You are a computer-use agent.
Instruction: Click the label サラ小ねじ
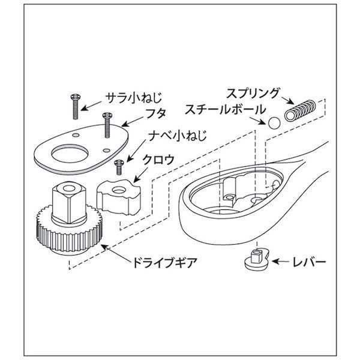pyautogui.click(x=134, y=98)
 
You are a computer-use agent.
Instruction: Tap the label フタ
pyautogui.click(x=156, y=113)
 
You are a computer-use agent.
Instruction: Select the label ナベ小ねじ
pyautogui.click(x=178, y=135)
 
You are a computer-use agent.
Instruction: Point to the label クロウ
pyautogui.click(x=158, y=160)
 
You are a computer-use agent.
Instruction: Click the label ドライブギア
pyautogui.click(x=165, y=263)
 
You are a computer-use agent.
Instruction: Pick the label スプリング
pyautogui.click(x=253, y=93)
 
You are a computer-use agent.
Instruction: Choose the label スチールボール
pyautogui.click(x=225, y=109)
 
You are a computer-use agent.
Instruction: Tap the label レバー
pyautogui.click(x=309, y=262)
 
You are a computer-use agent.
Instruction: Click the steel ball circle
pyautogui.click(x=274, y=123)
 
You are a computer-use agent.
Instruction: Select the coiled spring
pyautogui.click(x=300, y=110)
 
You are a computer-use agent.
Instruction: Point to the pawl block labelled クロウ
pyautogui.click(x=118, y=197)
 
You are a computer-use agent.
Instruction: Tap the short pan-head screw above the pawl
pyautogui.click(x=119, y=167)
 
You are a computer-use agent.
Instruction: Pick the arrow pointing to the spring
pyautogui.click(x=287, y=100)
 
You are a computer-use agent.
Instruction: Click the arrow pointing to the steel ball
pyautogui.click(x=258, y=121)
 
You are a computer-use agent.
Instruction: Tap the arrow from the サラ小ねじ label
pyautogui.click(x=91, y=106)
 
